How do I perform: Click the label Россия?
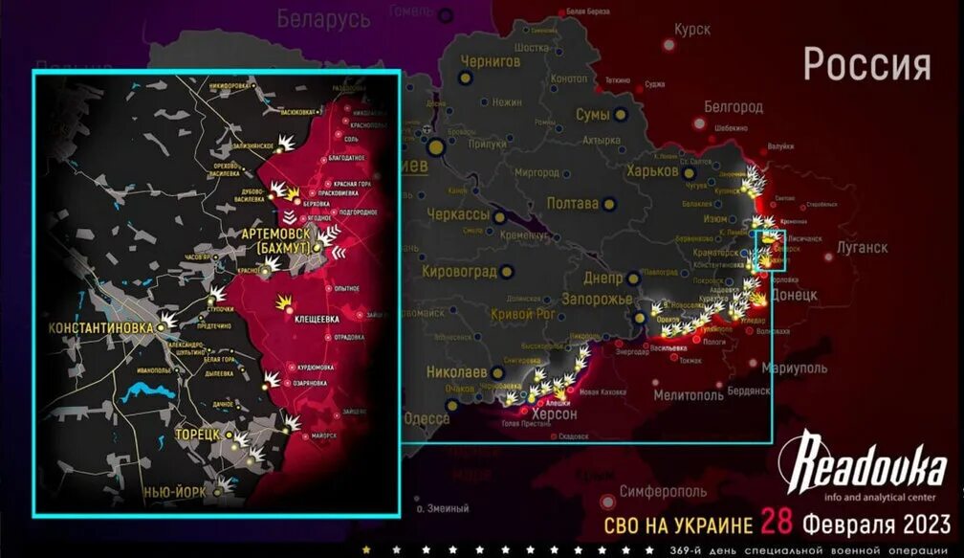pos(866,65)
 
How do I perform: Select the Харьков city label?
pos(657,171)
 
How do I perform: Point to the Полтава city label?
pos(572,203)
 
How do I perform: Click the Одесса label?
pos(427,418)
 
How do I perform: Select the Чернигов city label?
pos(491,60)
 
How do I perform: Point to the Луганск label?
pos(862,247)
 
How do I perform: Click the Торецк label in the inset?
pos(198,434)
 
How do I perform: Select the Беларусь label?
pos(323,18)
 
